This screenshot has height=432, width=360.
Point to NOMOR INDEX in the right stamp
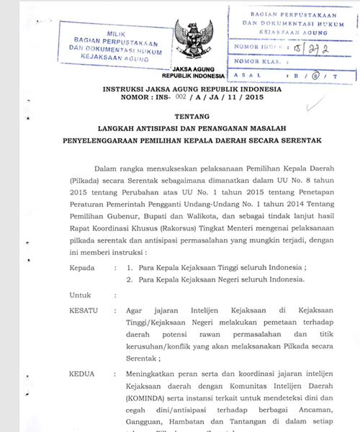(x=256, y=51)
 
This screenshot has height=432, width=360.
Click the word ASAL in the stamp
(x=243, y=76)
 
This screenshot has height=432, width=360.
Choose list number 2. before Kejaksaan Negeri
(x=129, y=279)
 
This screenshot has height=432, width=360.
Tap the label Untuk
(x=79, y=296)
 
